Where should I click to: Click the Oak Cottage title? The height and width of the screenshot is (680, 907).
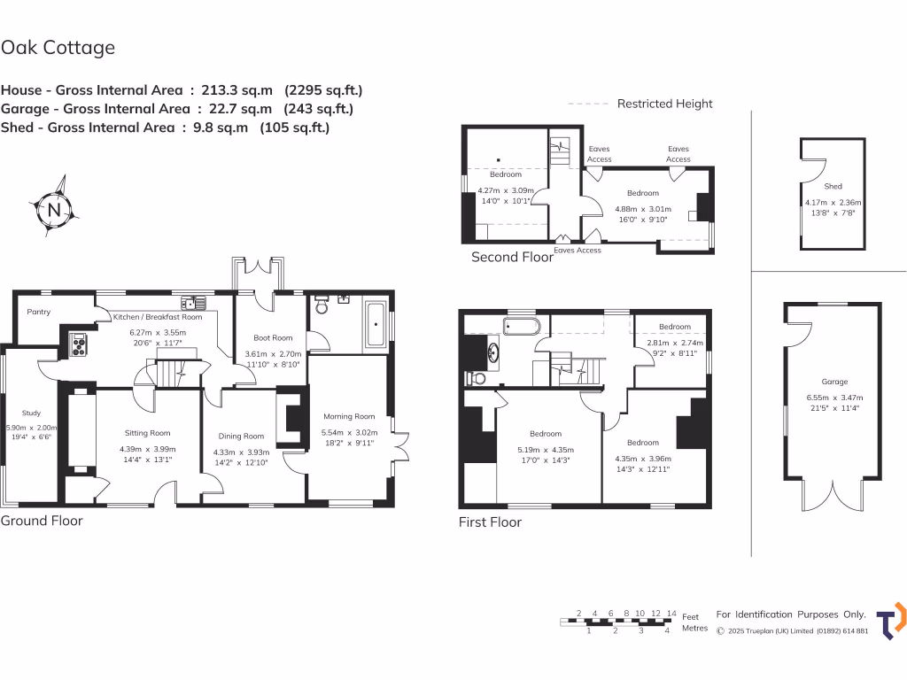[x=58, y=48]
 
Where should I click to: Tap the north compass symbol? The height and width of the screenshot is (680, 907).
[x=55, y=210]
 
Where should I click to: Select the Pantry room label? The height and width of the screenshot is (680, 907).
[x=38, y=312]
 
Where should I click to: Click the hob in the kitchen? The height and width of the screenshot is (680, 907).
[x=76, y=344]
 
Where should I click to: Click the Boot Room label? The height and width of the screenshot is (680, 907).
[x=273, y=337]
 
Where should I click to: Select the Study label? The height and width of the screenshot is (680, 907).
[x=31, y=413]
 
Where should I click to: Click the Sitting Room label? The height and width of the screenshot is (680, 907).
[x=147, y=433]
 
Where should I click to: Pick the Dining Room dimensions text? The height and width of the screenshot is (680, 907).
[x=241, y=457]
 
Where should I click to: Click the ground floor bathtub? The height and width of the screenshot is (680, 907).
[x=376, y=323]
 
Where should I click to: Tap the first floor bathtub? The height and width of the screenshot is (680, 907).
[x=520, y=326]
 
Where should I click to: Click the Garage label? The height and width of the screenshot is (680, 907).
[x=834, y=382]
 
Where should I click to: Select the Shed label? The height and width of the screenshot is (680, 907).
[x=833, y=187]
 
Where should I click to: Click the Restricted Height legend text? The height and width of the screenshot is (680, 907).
[x=664, y=104]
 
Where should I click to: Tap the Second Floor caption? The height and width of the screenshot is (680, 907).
[x=512, y=258]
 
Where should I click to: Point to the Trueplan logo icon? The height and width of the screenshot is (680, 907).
[x=891, y=622]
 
